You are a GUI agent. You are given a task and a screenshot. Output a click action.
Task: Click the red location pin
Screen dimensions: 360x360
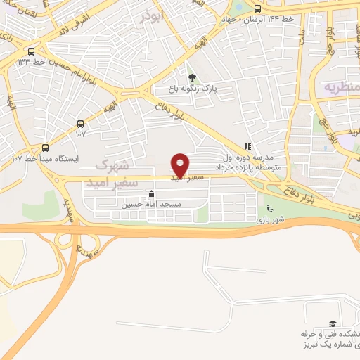[181, 165]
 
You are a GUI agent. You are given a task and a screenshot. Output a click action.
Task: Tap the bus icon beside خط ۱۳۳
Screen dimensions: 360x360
[30, 51]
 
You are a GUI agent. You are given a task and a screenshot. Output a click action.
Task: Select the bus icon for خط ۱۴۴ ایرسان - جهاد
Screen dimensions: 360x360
[257, 9]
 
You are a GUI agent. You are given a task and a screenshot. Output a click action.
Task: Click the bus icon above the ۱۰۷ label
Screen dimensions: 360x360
[81, 122]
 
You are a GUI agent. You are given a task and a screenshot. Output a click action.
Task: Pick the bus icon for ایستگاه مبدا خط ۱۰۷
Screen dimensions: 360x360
[46, 148]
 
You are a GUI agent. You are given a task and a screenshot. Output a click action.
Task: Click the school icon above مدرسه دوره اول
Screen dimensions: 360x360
[247, 146]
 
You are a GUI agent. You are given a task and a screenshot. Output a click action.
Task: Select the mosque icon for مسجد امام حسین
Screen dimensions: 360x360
[152, 194]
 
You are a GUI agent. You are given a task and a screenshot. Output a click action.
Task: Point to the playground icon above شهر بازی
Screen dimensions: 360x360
[269, 208]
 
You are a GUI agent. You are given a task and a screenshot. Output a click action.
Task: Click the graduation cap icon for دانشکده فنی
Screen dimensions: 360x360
[332, 323]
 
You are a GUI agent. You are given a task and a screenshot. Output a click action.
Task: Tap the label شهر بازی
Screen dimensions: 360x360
[268, 220]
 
